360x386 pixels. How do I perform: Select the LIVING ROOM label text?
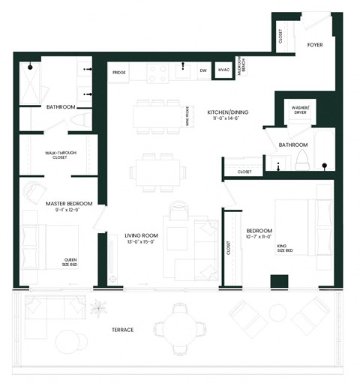(x=139, y=235)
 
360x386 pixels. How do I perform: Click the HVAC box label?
(x=223, y=70)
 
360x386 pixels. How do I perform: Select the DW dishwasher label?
(x=202, y=71)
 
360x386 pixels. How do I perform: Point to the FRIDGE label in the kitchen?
(x=119, y=72)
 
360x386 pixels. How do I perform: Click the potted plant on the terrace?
(x=97, y=308)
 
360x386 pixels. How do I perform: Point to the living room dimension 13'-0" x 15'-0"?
(x=139, y=242)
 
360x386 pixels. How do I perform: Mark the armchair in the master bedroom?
(x=34, y=192)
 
